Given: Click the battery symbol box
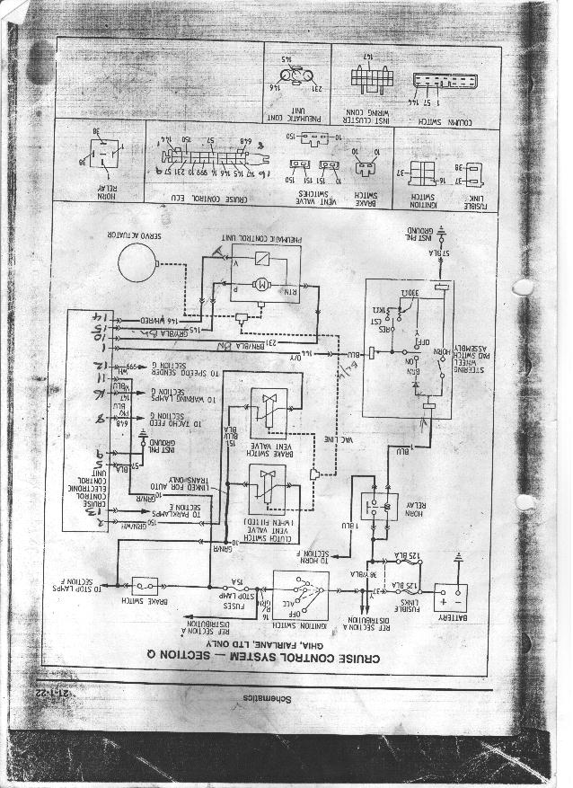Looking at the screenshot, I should click(x=451, y=597).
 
